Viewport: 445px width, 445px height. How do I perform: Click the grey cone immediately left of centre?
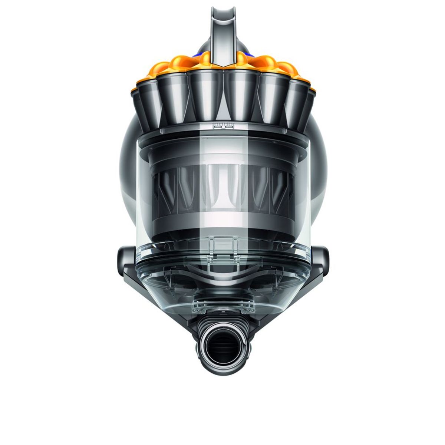point(204,93)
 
